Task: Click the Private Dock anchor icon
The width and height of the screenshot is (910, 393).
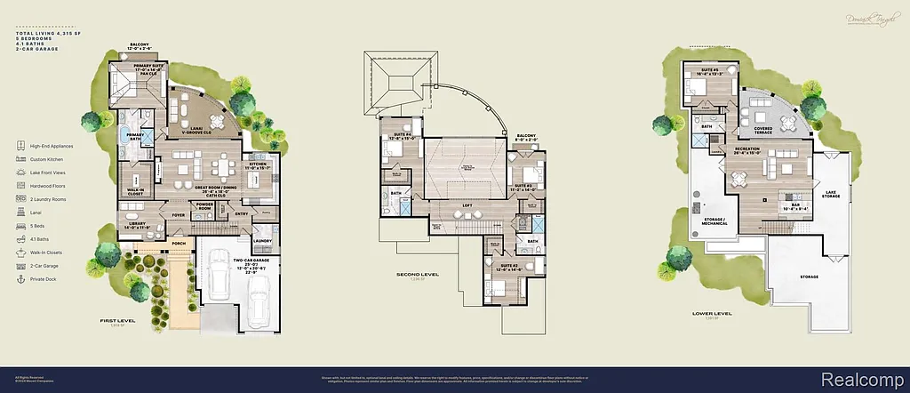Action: click(x=20, y=278)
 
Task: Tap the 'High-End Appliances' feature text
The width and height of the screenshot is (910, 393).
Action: click(x=52, y=146)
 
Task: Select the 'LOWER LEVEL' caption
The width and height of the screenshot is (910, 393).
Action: click(x=712, y=313)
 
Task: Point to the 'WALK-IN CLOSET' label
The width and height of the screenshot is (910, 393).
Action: click(x=137, y=190)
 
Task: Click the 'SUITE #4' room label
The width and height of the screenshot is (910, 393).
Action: click(x=397, y=135)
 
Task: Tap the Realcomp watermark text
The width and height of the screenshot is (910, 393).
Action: click(x=866, y=377)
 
